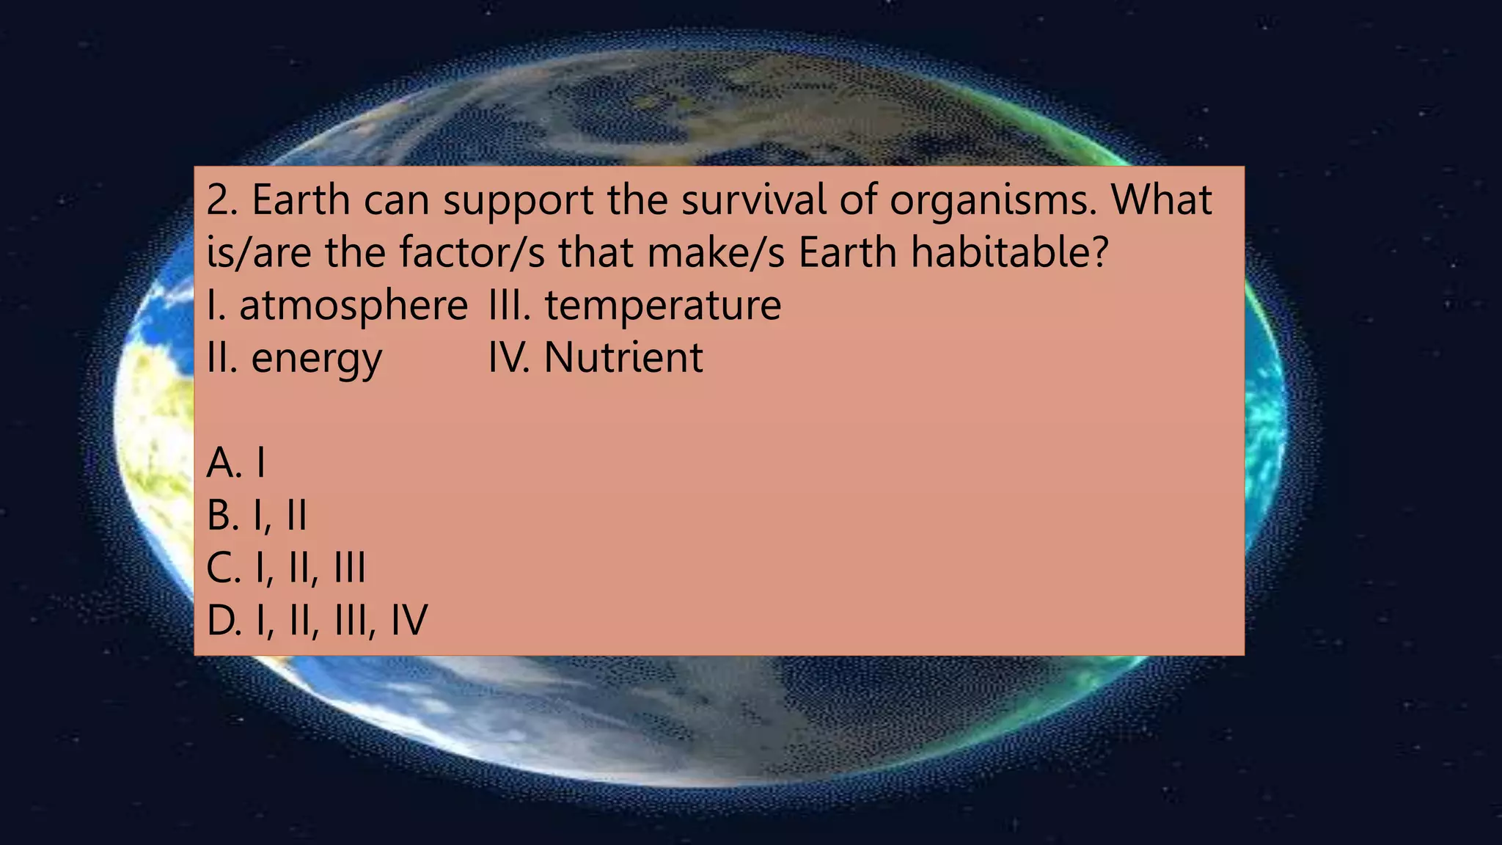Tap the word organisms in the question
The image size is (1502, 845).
coord(992,201)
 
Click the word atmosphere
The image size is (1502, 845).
coord(353,305)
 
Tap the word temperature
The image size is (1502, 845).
coord(662,306)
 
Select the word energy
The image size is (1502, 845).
coord(316,359)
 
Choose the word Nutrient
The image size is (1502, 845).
coord(623,358)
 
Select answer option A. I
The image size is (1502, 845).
coord(235,463)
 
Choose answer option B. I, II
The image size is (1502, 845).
coord(256,516)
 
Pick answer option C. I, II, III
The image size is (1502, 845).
coord(285,568)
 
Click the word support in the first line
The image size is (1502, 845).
coord(518,201)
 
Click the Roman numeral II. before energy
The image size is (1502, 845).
coord(222,358)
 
